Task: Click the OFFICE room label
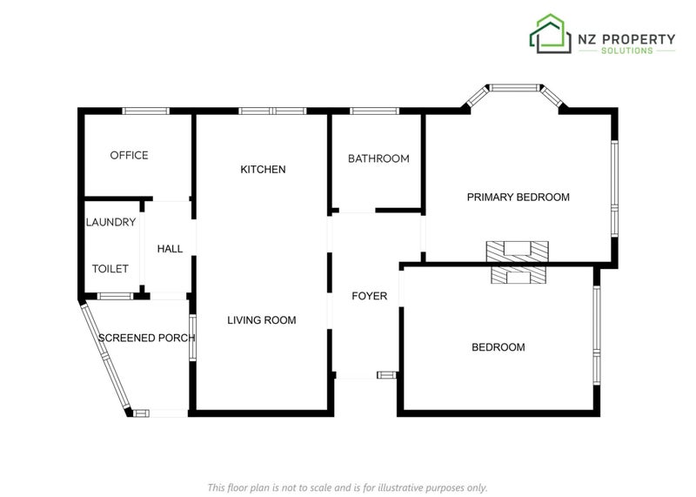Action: point(129,156)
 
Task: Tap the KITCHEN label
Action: point(263,169)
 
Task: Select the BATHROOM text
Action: point(378,158)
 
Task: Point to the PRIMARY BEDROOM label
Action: point(518,198)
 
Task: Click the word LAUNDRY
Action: point(111,222)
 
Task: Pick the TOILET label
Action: point(110,269)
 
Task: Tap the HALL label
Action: point(170,249)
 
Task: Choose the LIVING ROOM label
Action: point(262,320)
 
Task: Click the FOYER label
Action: point(369,296)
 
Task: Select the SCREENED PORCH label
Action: point(146,338)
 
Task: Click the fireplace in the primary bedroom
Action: point(518,252)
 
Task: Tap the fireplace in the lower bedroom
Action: point(519,275)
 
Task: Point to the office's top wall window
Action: point(146,111)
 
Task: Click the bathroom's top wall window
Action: point(374,111)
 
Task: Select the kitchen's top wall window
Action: point(272,111)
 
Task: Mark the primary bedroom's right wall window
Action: point(614,188)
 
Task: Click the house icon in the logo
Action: point(550,34)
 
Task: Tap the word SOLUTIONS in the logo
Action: point(627,50)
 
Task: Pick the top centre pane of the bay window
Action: point(515,88)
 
